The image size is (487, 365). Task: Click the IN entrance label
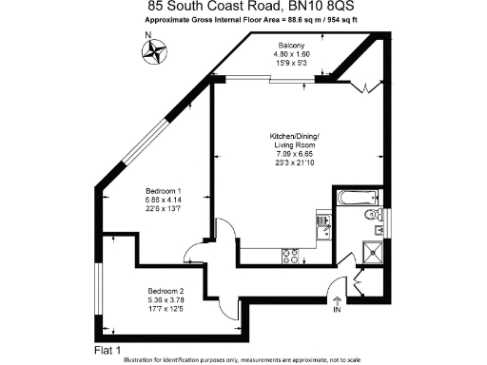coord(337,310)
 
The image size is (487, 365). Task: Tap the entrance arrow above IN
coord(337,298)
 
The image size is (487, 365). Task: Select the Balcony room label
coord(291,46)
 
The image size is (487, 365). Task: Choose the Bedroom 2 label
coord(166,290)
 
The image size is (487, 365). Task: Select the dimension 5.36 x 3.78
coord(166,298)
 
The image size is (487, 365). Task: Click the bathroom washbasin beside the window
coord(377,225)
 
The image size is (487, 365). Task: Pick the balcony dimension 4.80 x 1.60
coord(291,54)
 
